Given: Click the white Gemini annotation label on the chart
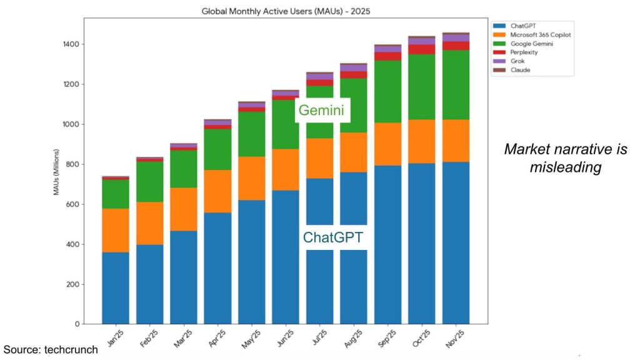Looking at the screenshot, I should click(x=322, y=111).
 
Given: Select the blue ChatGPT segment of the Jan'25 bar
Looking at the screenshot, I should click(x=116, y=287).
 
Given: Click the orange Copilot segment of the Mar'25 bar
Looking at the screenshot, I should click(x=184, y=209).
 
